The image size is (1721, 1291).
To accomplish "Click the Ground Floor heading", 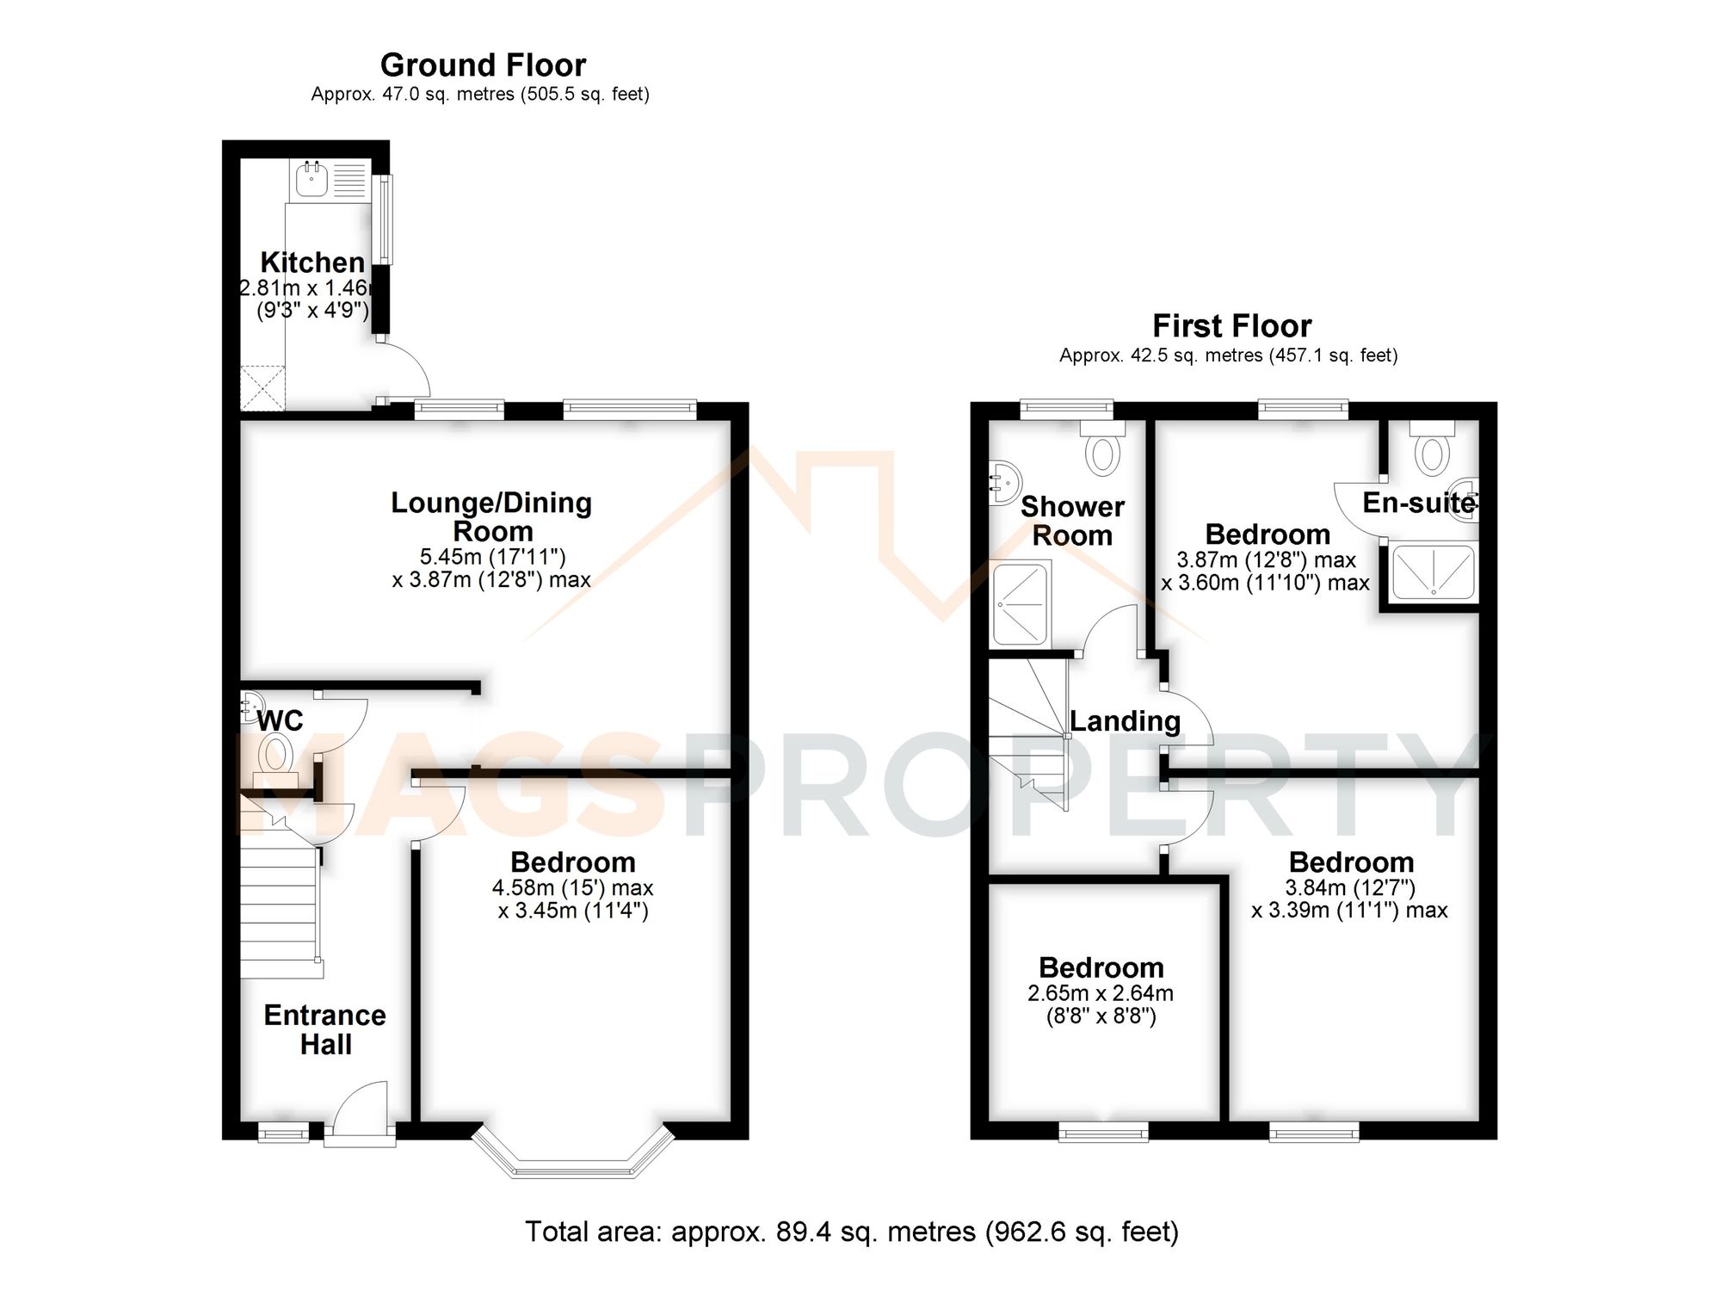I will [x=483, y=65].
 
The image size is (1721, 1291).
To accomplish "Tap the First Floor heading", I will [x=1231, y=326].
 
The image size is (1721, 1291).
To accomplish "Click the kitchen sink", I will [x=312, y=180].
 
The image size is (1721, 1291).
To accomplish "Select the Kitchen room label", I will [x=312, y=262].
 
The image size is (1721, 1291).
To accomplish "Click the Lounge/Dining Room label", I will [x=491, y=516].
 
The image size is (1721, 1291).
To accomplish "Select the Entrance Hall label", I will [x=325, y=1029].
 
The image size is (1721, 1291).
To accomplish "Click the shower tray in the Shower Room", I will [x=1021, y=602].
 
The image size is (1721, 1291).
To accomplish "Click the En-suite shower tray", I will [x=1434, y=571].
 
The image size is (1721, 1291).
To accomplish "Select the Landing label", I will [x=1125, y=721].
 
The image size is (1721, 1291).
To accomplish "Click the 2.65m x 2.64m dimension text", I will [x=1101, y=993].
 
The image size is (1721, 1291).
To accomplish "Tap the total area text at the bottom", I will [x=852, y=1232].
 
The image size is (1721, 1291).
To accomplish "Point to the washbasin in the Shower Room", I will [x=1003, y=482].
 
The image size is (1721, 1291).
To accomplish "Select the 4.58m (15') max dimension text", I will [x=572, y=887].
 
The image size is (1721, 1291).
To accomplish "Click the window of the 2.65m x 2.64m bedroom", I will [x=1103, y=1131].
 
